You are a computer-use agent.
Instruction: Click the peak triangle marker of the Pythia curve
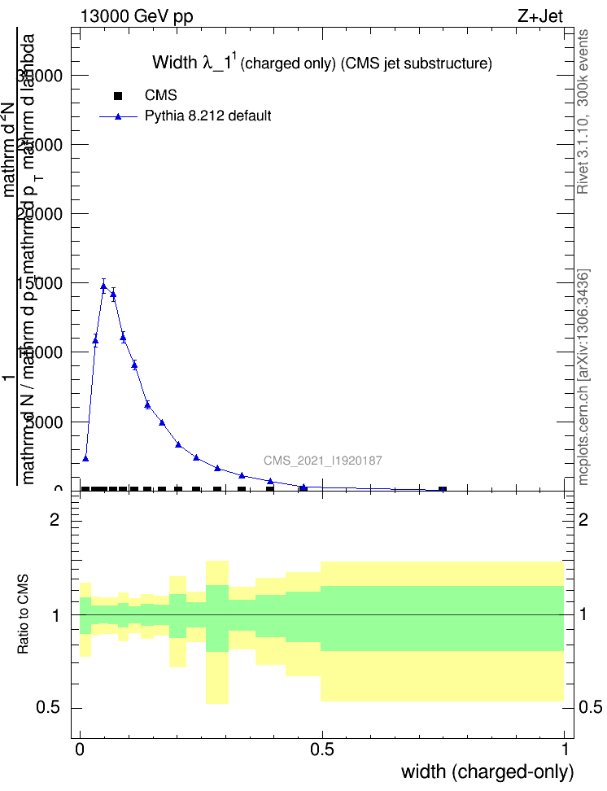click(x=103, y=286)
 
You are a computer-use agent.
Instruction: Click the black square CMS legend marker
click(x=118, y=96)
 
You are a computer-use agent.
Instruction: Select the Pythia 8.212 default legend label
click(x=207, y=116)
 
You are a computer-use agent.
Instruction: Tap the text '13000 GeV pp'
click(x=137, y=16)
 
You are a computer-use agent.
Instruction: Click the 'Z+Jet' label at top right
click(x=539, y=16)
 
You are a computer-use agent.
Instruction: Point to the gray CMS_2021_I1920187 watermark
click(x=323, y=461)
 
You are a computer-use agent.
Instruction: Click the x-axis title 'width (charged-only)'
click(x=487, y=771)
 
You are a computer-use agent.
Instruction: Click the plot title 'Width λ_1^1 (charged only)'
click(x=322, y=63)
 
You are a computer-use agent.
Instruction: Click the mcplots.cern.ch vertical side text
click(x=583, y=376)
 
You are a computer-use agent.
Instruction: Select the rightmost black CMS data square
click(x=443, y=490)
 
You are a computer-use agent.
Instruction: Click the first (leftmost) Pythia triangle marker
click(x=85, y=459)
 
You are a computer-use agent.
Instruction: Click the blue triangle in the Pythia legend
click(x=118, y=116)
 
